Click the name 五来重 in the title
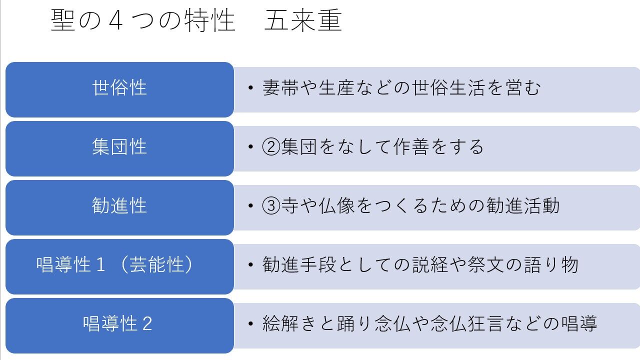pos(303,21)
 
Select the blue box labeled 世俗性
pos(119,88)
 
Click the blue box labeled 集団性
pos(119,147)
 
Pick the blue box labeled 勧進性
pos(119,206)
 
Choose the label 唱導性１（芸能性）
pos(115,265)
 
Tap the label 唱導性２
pos(118,324)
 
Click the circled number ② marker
pos(271,147)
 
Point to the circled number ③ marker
pos(271,206)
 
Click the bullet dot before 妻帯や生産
pos(251,89)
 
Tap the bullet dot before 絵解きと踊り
pos(251,324)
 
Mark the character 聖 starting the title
pos(63,21)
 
